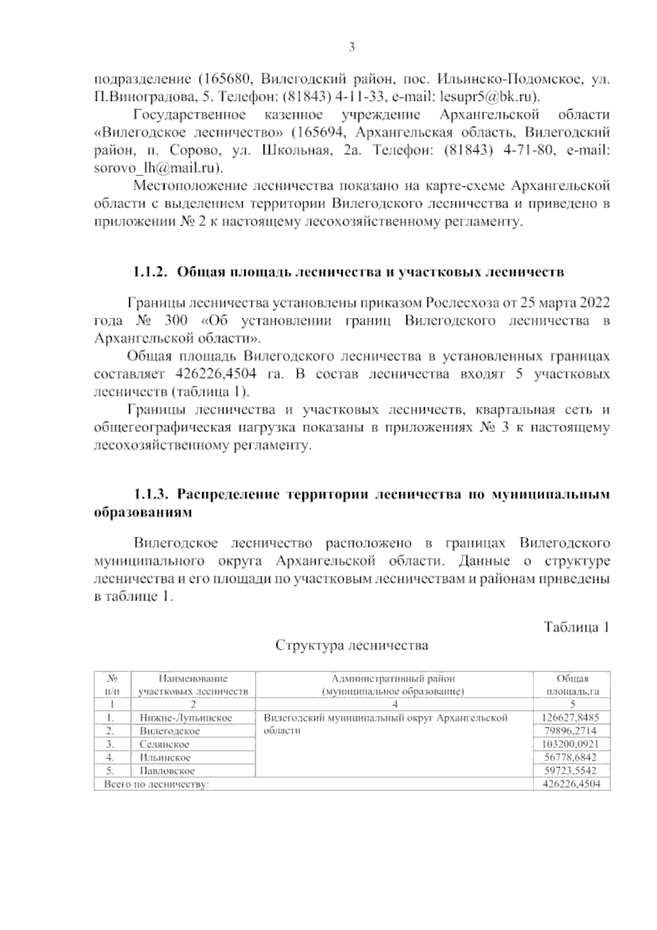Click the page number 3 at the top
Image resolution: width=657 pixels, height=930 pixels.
352,47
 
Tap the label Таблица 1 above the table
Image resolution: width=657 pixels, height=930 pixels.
577,627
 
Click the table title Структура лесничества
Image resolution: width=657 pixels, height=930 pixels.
351,645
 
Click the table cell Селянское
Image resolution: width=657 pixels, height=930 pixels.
165,744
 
